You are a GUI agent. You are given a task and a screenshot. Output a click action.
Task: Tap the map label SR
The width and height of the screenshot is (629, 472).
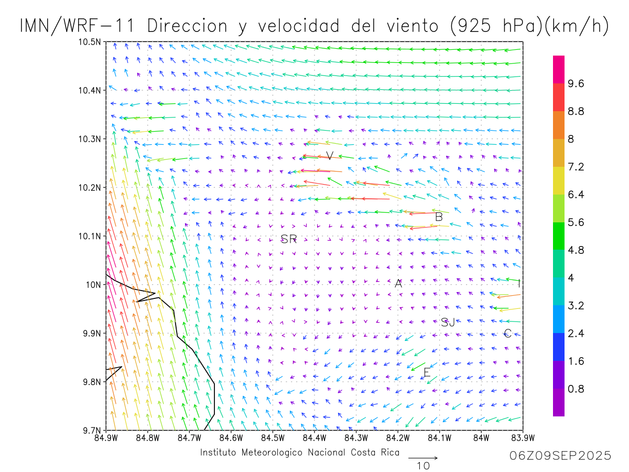point(289,240)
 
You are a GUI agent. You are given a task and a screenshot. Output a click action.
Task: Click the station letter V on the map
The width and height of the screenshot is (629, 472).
point(330,155)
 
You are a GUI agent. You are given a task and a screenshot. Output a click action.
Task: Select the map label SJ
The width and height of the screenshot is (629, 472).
point(448,323)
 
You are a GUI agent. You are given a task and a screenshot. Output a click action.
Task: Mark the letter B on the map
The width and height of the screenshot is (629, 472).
point(439,217)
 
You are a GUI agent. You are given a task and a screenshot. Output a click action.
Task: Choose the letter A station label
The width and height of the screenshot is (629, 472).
point(398,284)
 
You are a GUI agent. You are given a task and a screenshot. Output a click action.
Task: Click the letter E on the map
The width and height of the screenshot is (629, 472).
point(427,373)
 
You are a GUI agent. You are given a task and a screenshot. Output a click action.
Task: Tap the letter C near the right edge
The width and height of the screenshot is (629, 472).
point(507,334)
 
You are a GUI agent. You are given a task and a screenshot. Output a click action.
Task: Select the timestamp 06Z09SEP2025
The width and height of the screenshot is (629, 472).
point(560,456)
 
